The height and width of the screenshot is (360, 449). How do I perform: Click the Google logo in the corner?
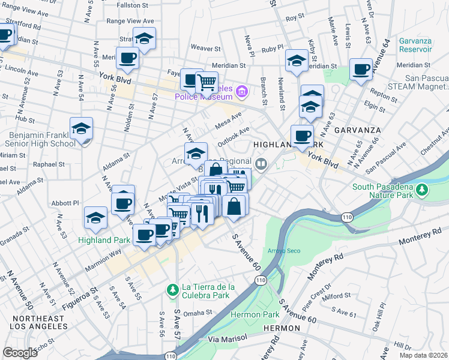(x=20, y=353)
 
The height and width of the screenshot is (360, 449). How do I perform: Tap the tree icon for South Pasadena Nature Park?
(x=423, y=190)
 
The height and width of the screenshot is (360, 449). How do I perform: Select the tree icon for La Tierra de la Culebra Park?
(x=173, y=290)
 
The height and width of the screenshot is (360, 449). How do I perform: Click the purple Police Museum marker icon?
(x=241, y=92)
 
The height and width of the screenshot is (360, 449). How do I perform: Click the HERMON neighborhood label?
(x=280, y=328)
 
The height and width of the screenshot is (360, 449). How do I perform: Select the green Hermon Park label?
(x=255, y=314)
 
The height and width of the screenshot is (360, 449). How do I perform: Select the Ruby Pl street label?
(x=271, y=47)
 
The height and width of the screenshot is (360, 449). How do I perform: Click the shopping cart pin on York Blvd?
(x=206, y=81)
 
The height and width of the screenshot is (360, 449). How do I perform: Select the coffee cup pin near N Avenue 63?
(x=361, y=70)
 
